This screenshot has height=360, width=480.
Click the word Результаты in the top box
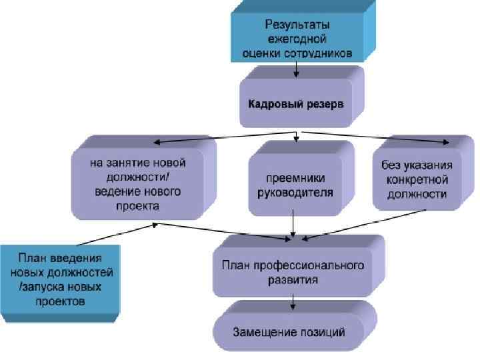click(x=297, y=25)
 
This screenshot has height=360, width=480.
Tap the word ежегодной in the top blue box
click(x=297, y=39)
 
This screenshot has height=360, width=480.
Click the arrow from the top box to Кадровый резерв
click(x=297, y=71)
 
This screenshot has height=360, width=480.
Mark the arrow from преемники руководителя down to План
click(x=293, y=223)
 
